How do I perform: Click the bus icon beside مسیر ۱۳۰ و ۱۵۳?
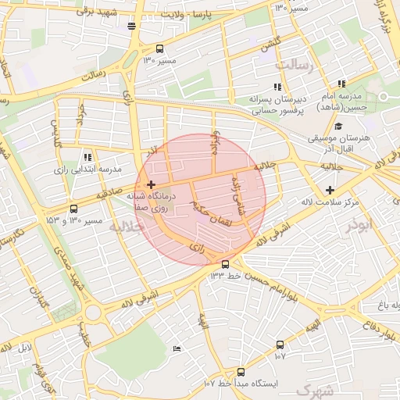pyautogui.click(x=73, y=209)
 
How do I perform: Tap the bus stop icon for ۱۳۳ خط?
pyautogui.click(x=225, y=264)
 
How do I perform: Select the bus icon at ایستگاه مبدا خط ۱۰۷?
pyautogui.click(x=240, y=373)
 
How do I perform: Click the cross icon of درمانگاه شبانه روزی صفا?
pyautogui.click(x=151, y=184)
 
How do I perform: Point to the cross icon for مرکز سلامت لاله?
pyautogui.click(x=330, y=190)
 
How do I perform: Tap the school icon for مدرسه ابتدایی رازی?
pyautogui.click(x=87, y=156)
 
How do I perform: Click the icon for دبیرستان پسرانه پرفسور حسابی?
pyautogui.click(x=277, y=87)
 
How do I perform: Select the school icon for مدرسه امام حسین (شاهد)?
pyautogui.click(x=341, y=84)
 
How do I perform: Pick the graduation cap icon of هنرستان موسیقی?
pyautogui.click(x=337, y=127)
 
